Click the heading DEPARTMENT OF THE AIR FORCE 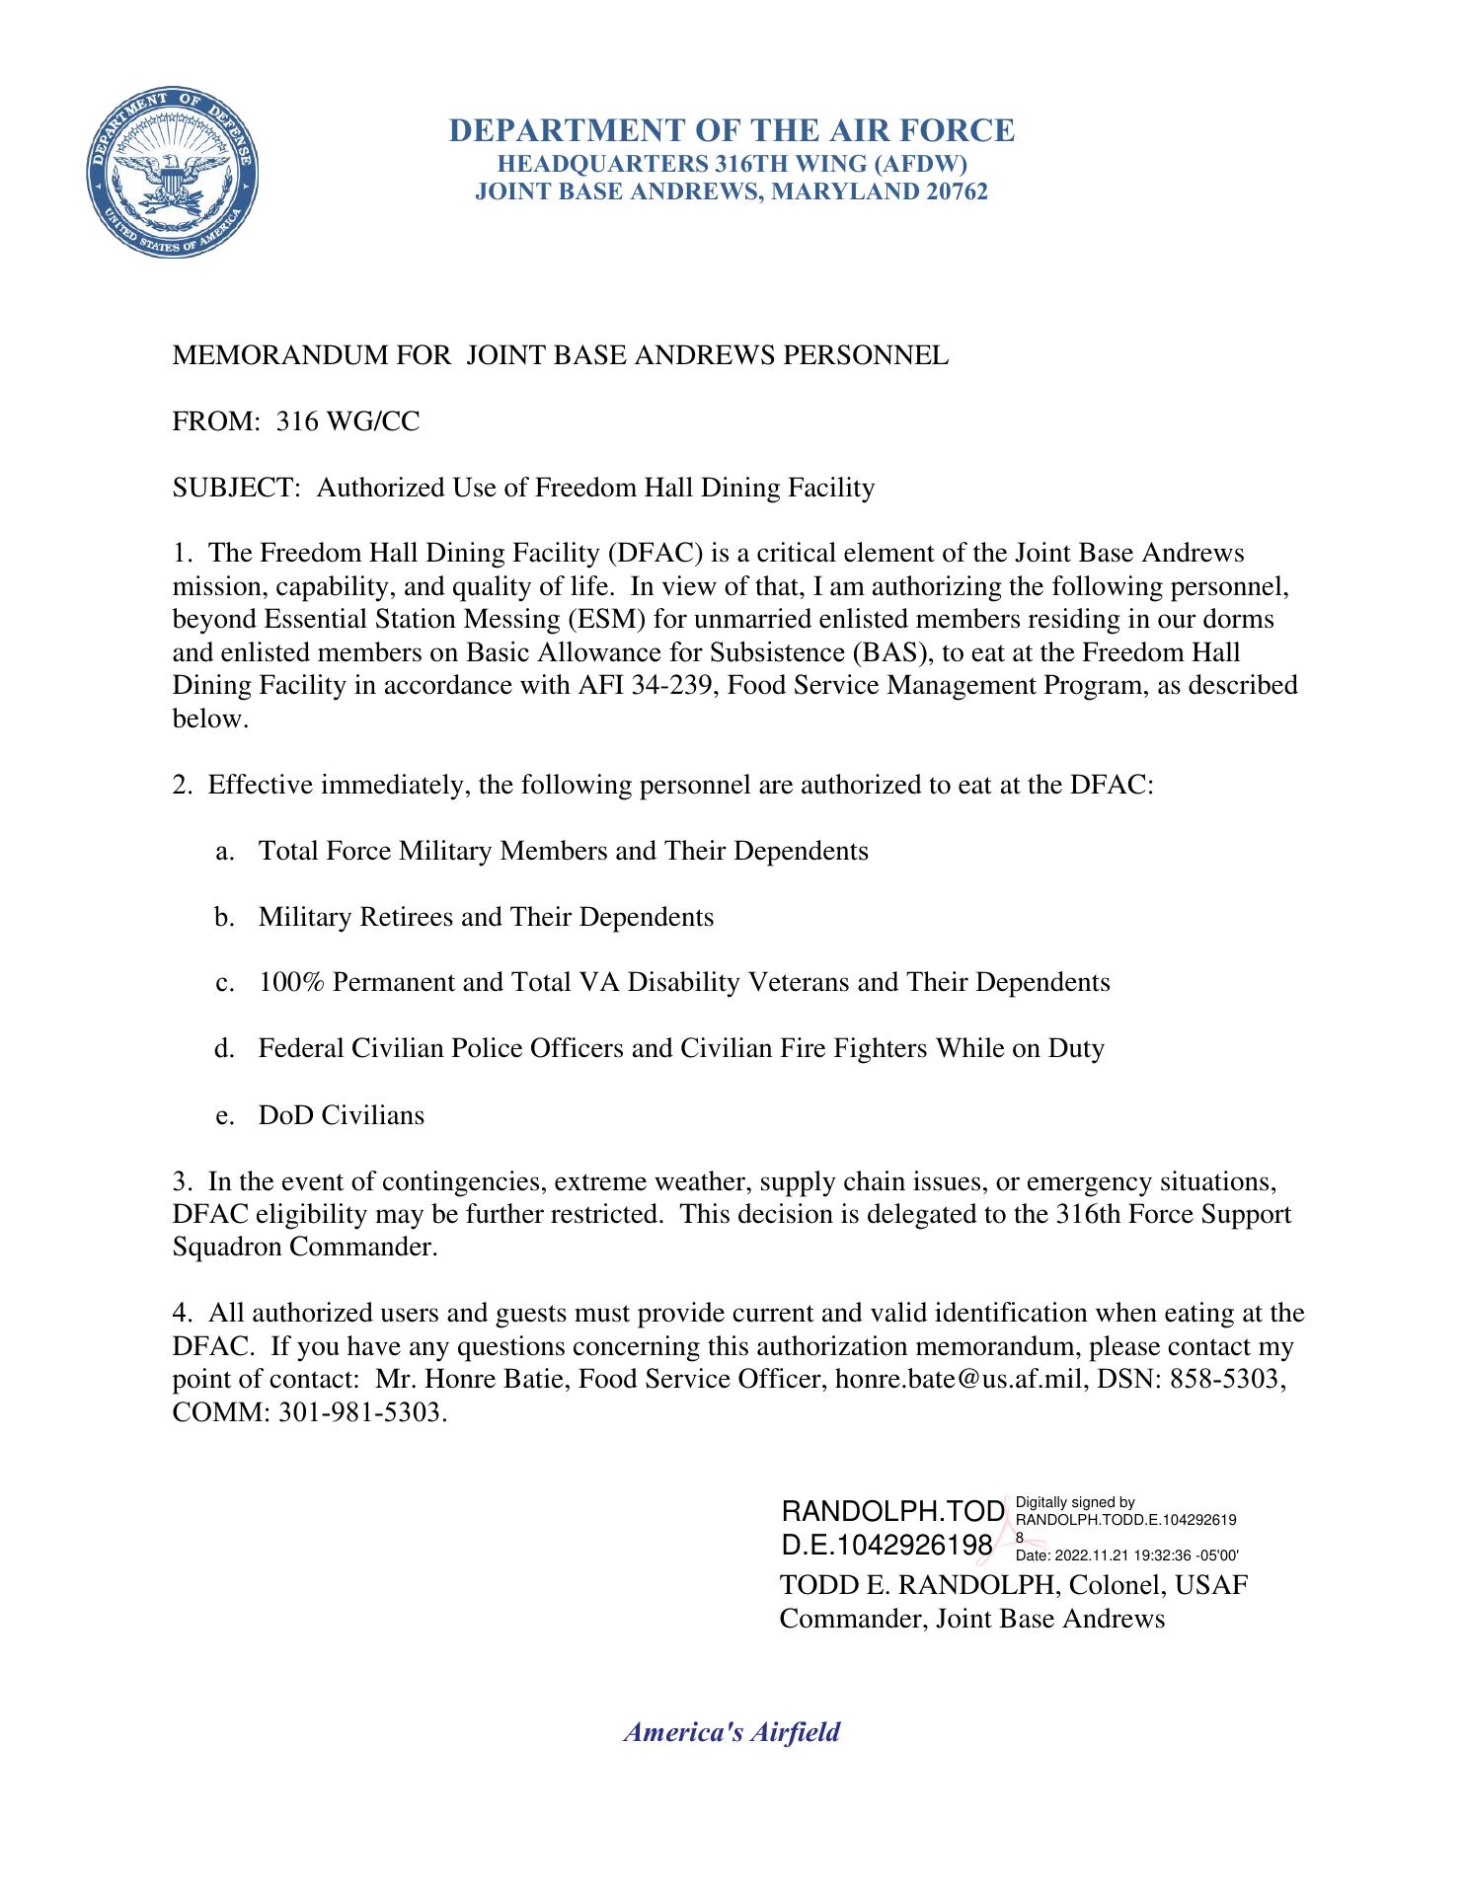[732, 130]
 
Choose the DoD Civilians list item [342, 1116]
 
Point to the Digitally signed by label [1074, 1503]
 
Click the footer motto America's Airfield [732, 1732]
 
